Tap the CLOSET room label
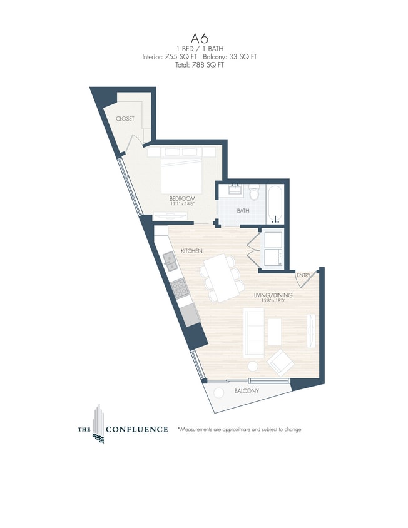(x=125, y=118)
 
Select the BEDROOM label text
(x=183, y=198)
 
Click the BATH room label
(x=243, y=211)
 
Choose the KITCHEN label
(x=191, y=250)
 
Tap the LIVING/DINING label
(x=273, y=295)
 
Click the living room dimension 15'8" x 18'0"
(x=273, y=301)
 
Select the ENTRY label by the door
(x=303, y=275)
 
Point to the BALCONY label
(x=247, y=391)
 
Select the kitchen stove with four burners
(x=179, y=288)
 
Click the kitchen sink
(x=170, y=261)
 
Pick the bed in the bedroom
(x=182, y=173)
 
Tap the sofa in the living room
(x=253, y=332)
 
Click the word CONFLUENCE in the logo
(x=136, y=429)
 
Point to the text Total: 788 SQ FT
(x=203, y=64)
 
